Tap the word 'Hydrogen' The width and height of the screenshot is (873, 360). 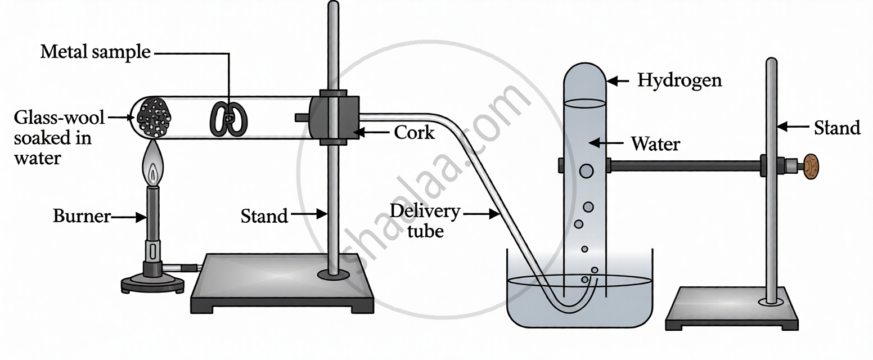tap(679, 81)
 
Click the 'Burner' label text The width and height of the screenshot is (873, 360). tap(81, 217)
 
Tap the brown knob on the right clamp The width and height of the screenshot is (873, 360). tap(811, 166)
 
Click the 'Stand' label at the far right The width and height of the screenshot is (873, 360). tap(837, 128)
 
